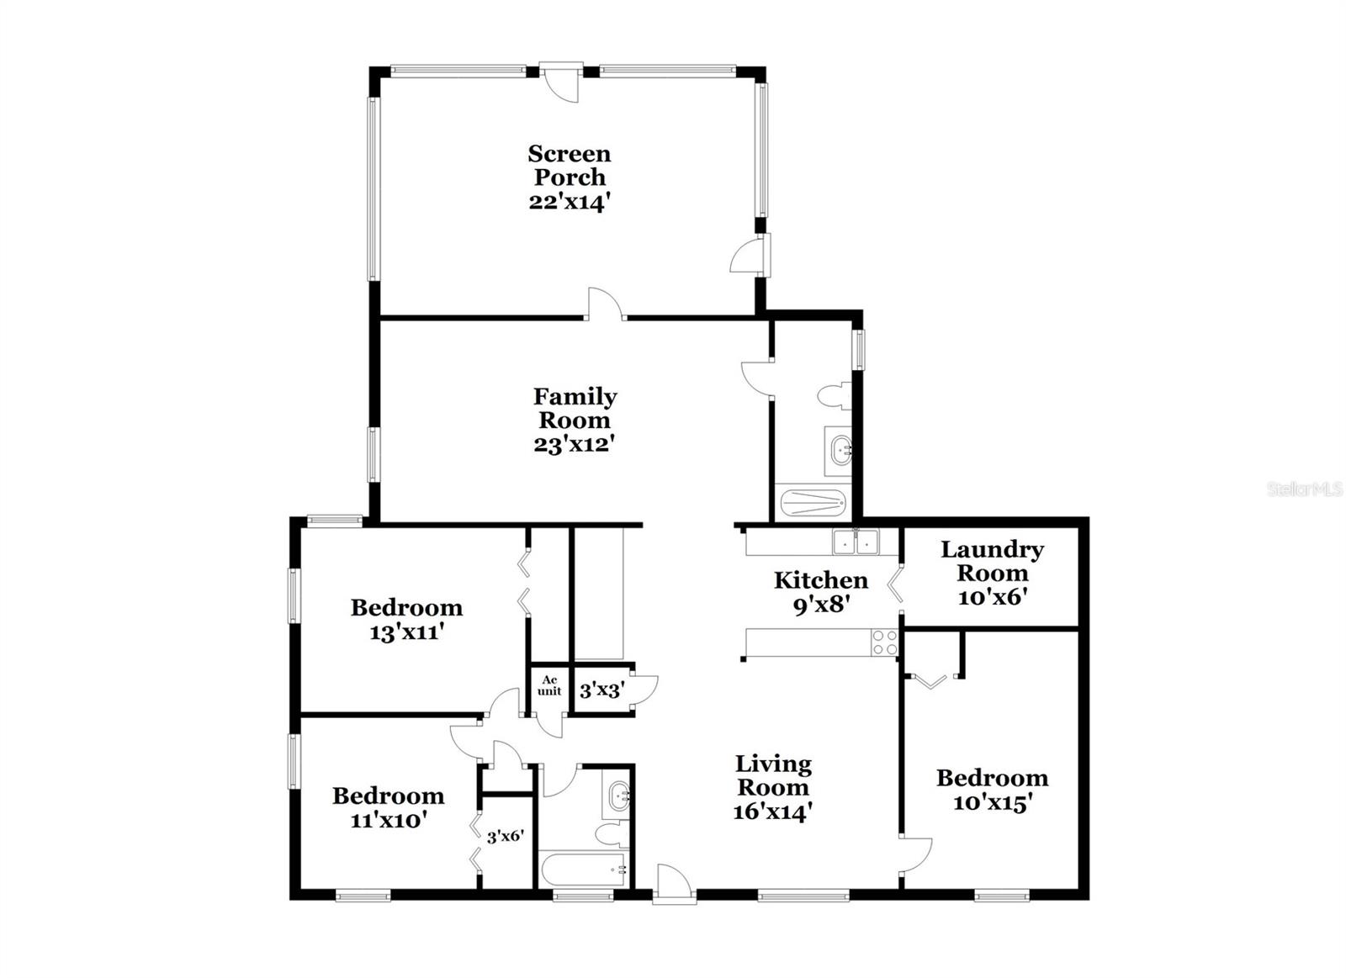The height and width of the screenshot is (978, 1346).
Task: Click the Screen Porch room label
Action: [569, 166]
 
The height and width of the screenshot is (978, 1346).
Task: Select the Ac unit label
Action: [549, 685]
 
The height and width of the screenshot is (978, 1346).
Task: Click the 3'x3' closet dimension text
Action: [601, 690]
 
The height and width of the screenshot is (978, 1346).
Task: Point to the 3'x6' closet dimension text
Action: [506, 837]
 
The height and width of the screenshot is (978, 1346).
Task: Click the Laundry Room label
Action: [992, 561]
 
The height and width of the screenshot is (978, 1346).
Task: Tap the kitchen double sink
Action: [856, 542]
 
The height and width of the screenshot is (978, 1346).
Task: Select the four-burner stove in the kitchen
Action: [884, 643]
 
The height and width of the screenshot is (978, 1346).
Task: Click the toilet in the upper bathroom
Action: [834, 396]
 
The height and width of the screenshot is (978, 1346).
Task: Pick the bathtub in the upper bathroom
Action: [812, 503]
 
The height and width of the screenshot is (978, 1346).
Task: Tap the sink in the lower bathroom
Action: [619, 795]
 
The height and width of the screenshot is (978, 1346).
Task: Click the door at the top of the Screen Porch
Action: [561, 82]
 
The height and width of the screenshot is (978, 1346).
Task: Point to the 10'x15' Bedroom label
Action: [992, 790]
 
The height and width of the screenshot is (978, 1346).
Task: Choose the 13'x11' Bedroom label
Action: [406, 619]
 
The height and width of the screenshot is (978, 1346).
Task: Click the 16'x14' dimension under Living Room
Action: [772, 811]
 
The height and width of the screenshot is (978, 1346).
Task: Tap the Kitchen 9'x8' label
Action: [820, 591]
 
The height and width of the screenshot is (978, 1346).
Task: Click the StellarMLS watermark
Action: [1304, 489]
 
